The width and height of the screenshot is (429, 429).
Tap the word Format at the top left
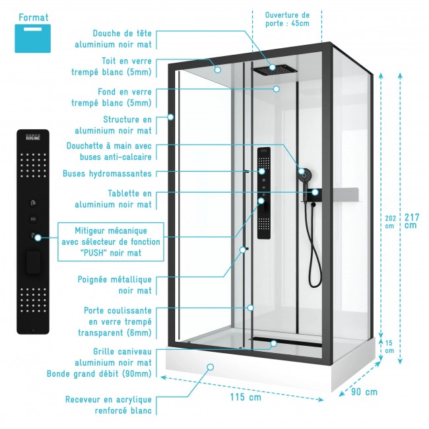pyautogui.click(x=33, y=17)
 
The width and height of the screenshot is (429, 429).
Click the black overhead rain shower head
pyautogui.click(x=272, y=69)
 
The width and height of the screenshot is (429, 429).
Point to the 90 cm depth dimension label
pyautogui.click(x=362, y=392)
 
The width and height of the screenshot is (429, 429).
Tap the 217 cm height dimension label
pyautogui.click(x=411, y=220)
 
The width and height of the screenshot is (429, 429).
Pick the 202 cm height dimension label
pyautogui.click(x=389, y=220)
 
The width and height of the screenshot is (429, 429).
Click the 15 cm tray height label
pyautogui.click(x=389, y=346)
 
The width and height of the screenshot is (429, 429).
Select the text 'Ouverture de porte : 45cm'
pyautogui.click(x=287, y=19)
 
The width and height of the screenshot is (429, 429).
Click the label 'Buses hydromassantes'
pyautogui.click(x=107, y=174)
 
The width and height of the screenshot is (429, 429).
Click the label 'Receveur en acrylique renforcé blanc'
pyautogui.click(x=108, y=405)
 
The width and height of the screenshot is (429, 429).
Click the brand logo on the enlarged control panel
pyautogui.click(x=32, y=139)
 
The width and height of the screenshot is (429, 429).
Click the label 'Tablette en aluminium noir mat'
pyautogui.click(x=129, y=199)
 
